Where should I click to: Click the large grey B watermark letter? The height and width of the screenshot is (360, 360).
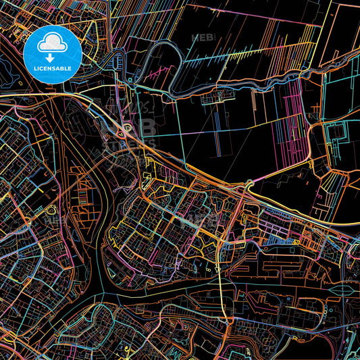pos(147,128)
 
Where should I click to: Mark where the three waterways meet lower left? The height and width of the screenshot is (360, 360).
pos(101,286)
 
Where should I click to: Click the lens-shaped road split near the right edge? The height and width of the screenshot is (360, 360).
pos(344,286)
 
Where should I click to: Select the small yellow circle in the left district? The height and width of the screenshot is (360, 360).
pos(49,210)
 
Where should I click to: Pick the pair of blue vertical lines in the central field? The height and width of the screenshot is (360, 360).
pos(218,132)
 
